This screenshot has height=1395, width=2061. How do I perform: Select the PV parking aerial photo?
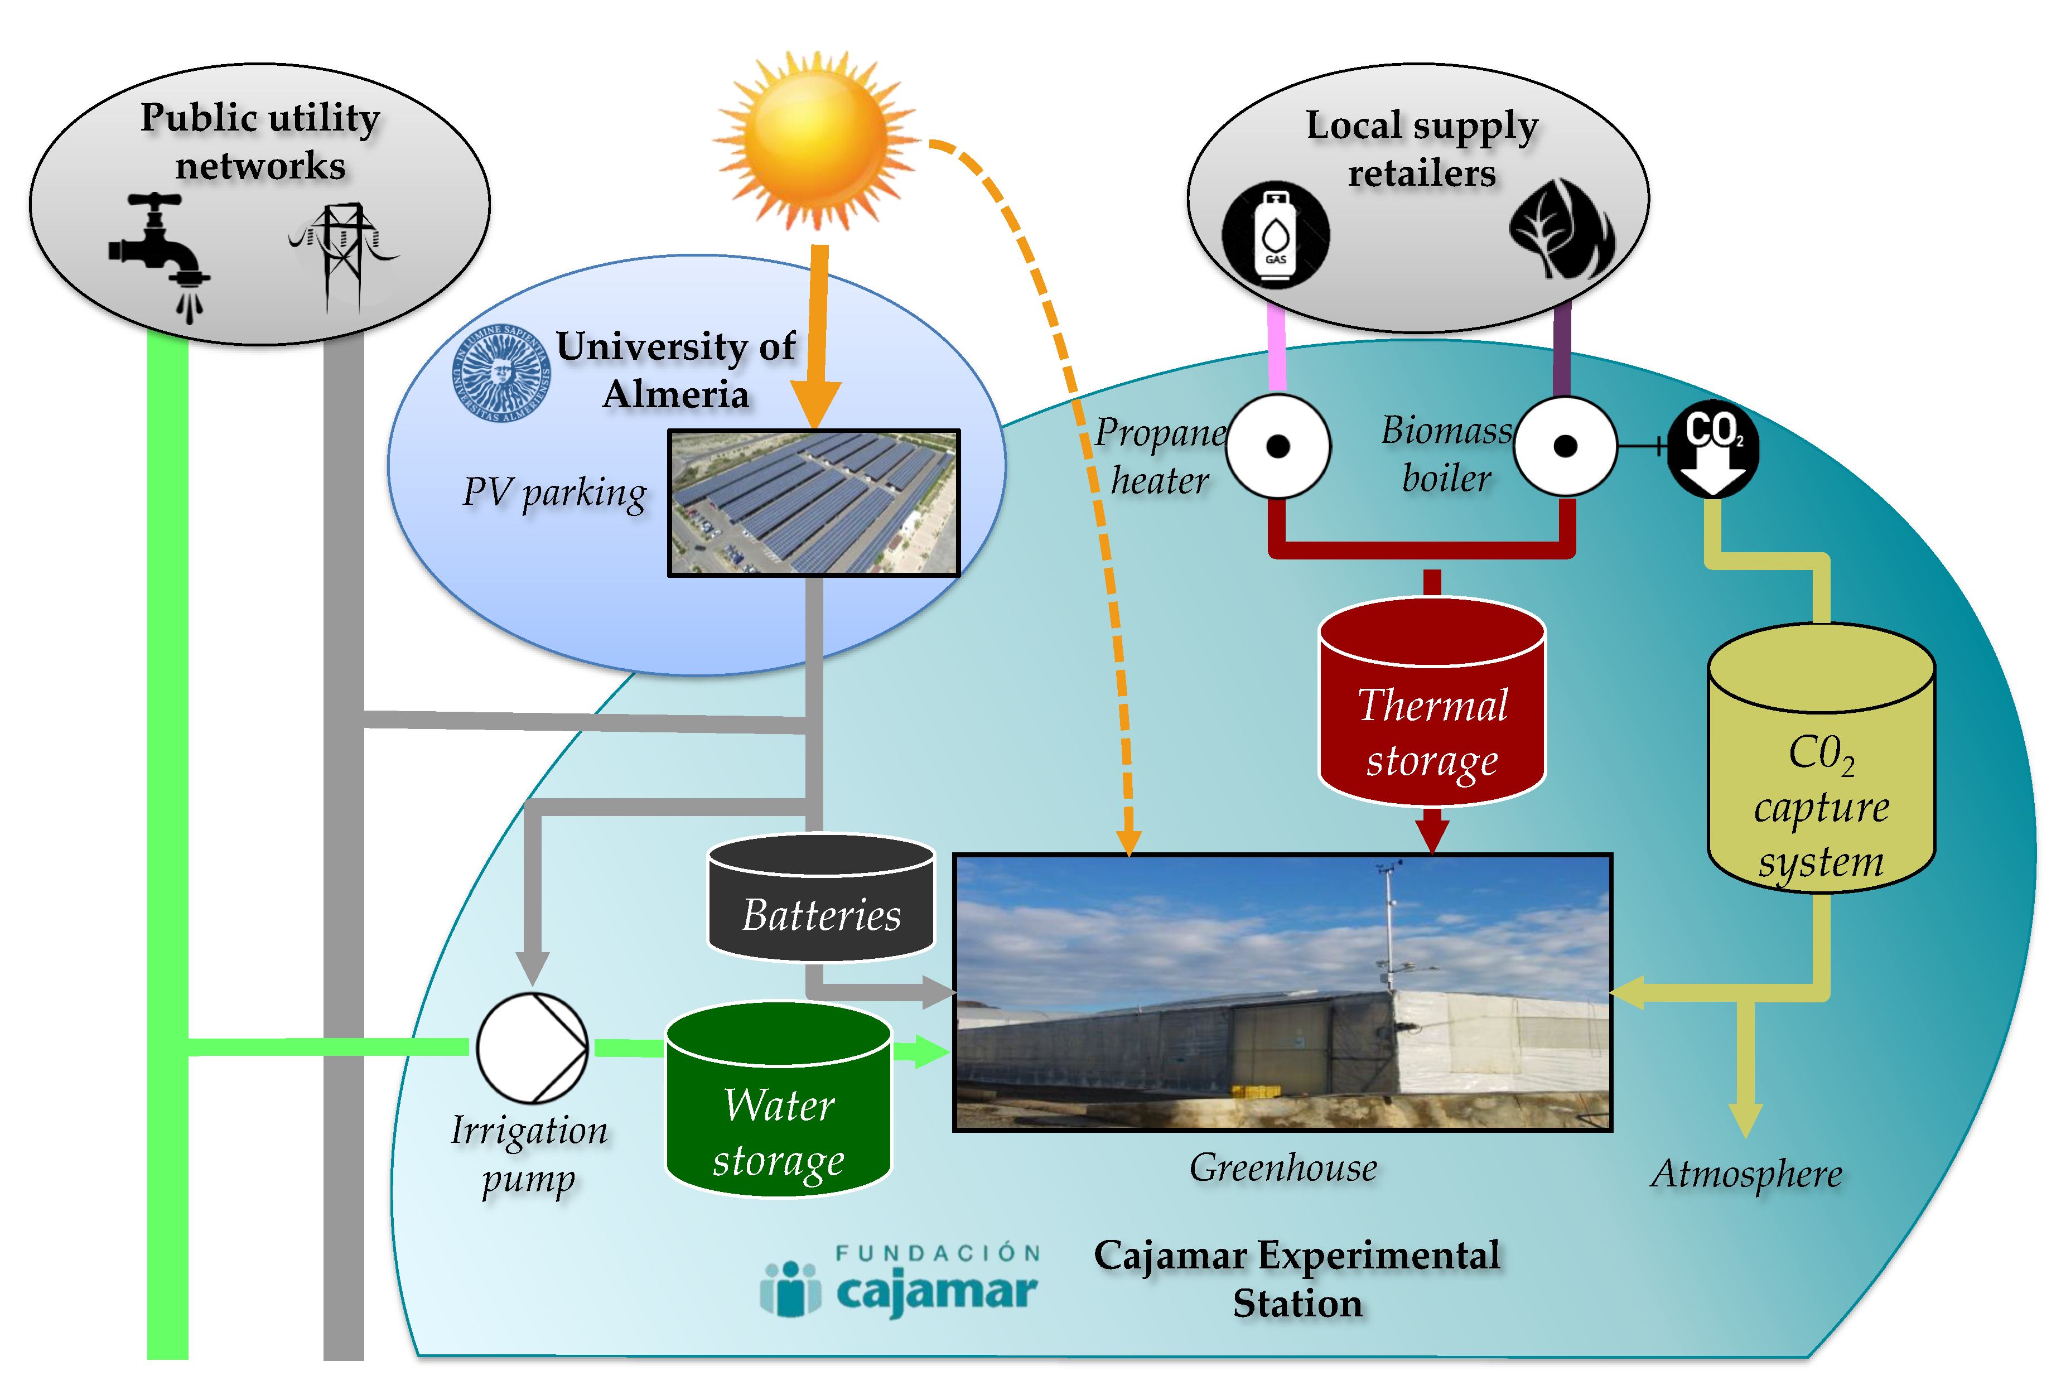pos(813,503)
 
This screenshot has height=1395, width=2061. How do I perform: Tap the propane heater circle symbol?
pos(1278,446)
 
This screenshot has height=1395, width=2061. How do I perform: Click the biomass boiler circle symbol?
pos(1565,446)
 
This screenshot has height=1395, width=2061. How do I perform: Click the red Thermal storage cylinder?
pos(1432,701)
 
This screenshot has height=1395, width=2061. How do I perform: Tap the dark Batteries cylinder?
pos(821,897)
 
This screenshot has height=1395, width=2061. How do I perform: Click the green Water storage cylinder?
pos(779,1100)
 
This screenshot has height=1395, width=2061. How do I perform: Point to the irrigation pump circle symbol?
pos(532,1048)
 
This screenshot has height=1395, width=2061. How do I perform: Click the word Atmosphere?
pos(1746,1174)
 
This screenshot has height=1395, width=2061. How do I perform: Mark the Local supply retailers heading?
pos(1422,149)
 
